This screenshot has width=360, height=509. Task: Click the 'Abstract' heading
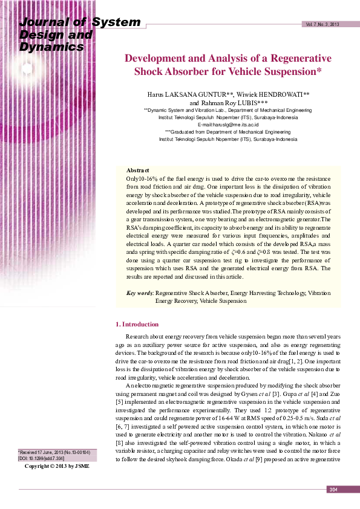click(138, 171)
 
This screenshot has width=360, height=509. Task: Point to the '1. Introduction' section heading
click(137, 324)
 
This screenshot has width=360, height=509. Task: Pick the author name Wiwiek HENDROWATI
click(274, 95)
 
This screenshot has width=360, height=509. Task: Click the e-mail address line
click(228, 124)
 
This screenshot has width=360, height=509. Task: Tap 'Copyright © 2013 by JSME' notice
click(56, 466)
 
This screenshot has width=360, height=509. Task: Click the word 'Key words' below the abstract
click(140, 293)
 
